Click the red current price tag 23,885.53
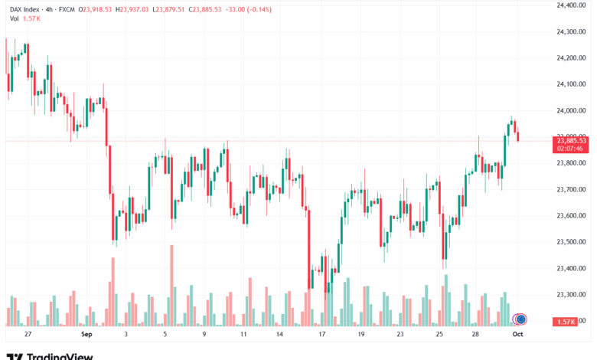click(x=572, y=141)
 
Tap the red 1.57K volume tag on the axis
click(x=568, y=321)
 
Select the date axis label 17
click(x=322, y=335)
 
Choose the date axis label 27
click(x=28, y=335)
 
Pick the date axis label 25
click(x=439, y=335)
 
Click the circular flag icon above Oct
click(x=520, y=319)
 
